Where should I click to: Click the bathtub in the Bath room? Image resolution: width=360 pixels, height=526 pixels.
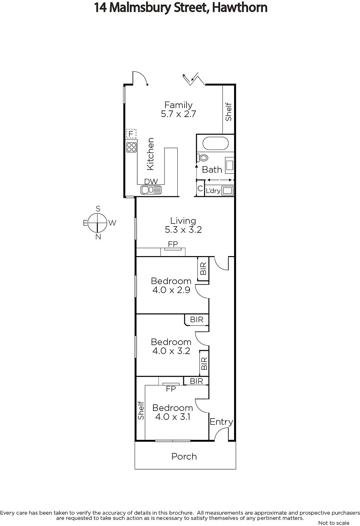pos(215,143)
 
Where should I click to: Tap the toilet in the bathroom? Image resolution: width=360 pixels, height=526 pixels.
pos(203,157)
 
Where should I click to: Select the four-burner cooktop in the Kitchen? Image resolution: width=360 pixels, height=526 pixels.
pos(131,147)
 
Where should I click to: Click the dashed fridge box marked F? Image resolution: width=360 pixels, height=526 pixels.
pos(131,134)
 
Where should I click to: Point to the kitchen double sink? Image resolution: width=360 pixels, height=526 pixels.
pos(151,190)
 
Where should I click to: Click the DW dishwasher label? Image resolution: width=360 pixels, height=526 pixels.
pos(151,181)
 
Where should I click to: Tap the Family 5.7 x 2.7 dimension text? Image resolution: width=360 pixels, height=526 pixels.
pos(178,114)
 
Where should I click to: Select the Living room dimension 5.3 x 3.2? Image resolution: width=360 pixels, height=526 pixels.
pos(183,229)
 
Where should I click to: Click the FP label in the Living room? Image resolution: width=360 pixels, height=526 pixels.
pos(173,244)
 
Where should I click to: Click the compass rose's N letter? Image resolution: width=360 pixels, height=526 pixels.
pos(98,237)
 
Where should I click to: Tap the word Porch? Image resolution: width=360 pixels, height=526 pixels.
pos(184,456)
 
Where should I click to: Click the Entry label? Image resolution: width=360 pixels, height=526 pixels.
pos(221,422)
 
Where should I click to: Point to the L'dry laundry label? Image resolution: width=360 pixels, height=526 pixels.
pos(213,191)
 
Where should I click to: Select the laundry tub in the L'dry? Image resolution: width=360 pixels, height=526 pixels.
pos(228,190)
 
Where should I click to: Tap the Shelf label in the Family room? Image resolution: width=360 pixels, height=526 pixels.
pos(228,112)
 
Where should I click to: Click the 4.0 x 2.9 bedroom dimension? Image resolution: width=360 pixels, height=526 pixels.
pos(171,290)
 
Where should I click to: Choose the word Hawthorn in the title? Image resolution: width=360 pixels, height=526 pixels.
pos(240,8)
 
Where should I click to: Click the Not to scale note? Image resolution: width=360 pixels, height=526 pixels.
pos(334,523)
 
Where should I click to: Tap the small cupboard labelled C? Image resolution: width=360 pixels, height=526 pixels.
pos(200,188)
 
